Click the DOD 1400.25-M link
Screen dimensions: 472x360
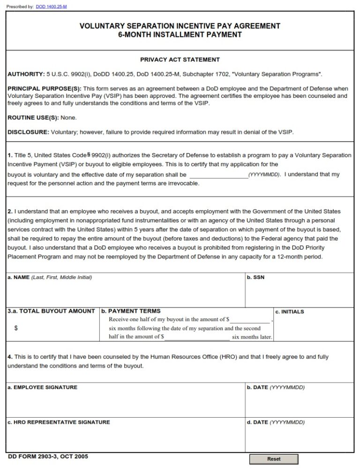point(51,7)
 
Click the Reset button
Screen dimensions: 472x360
point(274,459)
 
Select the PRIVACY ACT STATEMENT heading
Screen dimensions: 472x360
point(180,60)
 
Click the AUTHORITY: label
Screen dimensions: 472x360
point(26,74)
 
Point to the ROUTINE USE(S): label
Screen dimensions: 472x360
point(33,118)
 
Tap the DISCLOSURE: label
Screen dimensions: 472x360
point(28,132)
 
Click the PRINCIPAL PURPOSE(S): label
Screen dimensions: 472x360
point(45,88)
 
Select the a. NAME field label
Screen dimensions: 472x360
point(19,277)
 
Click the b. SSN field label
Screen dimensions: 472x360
point(255,277)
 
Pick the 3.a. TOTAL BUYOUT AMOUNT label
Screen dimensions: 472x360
point(51,311)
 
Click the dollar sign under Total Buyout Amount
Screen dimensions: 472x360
point(16,328)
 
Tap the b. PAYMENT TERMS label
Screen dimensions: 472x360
point(131,311)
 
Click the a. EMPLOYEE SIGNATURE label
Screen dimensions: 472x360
point(43,387)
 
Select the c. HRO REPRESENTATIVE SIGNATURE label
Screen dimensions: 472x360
point(59,422)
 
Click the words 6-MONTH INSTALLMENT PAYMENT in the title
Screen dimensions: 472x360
point(180,35)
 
